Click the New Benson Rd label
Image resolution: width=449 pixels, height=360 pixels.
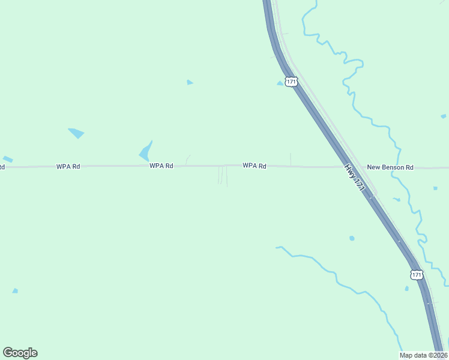click(x=390, y=167)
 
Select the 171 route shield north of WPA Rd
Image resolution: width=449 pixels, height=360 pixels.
click(x=291, y=82)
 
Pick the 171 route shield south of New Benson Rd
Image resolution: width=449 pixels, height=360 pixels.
click(x=417, y=274)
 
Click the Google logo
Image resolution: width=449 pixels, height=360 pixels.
click(x=20, y=353)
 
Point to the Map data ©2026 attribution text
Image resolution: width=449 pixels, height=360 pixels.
click(x=423, y=355)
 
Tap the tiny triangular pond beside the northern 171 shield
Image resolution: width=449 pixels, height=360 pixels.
click(x=280, y=83)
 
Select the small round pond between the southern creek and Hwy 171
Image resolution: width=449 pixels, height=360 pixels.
click(x=352, y=238)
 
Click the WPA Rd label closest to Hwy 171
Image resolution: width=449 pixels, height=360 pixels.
click(x=255, y=166)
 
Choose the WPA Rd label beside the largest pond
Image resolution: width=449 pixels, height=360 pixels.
click(x=161, y=166)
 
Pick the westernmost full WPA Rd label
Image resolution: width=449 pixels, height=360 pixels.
click(x=68, y=166)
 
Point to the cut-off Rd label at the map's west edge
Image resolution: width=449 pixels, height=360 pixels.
click(x=2, y=167)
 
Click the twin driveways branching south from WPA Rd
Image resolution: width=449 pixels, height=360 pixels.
click(x=222, y=175)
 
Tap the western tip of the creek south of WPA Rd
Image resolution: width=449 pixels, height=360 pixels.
click(x=277, y=247)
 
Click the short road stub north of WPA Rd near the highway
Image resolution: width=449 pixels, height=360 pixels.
click(x=291, y=158)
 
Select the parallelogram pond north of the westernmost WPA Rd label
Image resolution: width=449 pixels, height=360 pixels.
click(x=76, y=133)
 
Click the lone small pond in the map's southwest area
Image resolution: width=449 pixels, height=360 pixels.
click(x=15, y=291)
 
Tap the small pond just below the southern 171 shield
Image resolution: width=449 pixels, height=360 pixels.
click(x=406, y=289)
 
